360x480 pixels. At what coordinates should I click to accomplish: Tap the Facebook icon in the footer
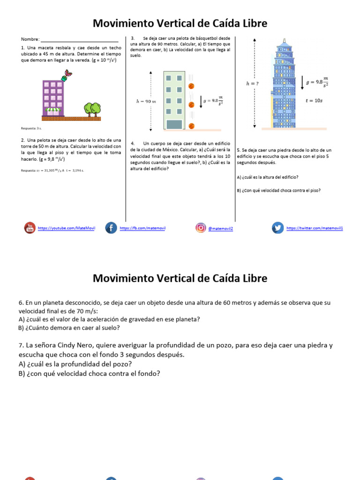[111, 228]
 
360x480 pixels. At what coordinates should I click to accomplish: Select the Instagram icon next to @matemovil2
[201, 228]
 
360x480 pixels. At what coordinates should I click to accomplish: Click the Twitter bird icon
[278, 228]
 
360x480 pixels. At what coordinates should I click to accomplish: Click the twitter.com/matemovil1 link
[315, 228]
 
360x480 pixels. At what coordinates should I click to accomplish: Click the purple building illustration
[53, 98]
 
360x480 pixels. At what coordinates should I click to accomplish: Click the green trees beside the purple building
[93, 109]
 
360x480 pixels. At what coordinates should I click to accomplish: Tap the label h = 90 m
[146, 101]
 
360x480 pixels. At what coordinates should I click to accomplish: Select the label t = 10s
[314, 100]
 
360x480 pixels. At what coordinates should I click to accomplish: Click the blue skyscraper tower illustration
[283, 84]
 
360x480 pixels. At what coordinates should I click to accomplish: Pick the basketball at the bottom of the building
[191, 125]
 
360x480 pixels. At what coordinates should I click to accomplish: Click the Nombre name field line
[79, 41]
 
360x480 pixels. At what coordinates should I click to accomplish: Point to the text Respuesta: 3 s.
[31, 128]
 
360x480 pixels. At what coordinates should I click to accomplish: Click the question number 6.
[21, 303]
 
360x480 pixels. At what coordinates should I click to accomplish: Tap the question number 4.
[133, 143]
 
